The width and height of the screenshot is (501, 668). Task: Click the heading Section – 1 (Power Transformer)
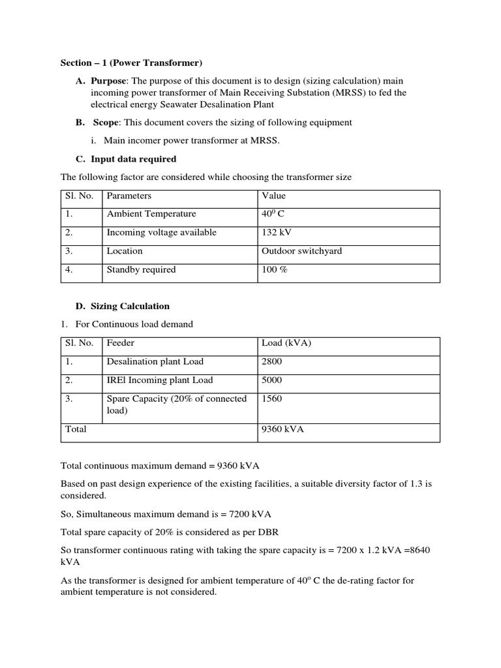(131, 63)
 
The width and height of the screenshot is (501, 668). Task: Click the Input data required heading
(134, 159)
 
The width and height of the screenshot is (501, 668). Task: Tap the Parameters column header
(129, 196)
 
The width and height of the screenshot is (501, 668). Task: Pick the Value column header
(273, 196)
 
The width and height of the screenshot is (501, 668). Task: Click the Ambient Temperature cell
(151, 214)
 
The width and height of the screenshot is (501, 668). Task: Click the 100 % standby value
(275, 269)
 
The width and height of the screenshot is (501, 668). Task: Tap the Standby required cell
(142, 269)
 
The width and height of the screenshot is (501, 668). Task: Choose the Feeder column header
(121, 342)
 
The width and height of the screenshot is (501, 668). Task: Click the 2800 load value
(272, 361)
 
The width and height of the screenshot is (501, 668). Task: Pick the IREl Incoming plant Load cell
(160, 380)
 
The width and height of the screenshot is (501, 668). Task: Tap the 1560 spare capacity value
(272, 399)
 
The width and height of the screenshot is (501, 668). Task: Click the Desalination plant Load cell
(155, 361)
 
